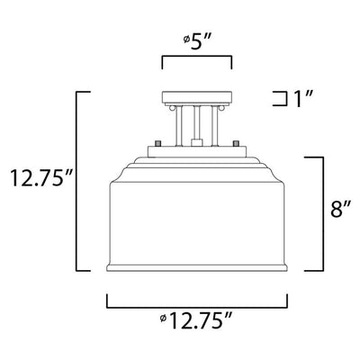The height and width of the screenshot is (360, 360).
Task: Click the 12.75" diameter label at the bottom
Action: click(196, 321)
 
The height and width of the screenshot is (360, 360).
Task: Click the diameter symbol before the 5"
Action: click(186, 39)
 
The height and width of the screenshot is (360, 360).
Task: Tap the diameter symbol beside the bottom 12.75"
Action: click(163, 318)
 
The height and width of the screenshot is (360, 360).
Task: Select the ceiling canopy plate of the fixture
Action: click(197, 96)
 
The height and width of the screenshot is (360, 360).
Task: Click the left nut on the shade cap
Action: click(157, 143)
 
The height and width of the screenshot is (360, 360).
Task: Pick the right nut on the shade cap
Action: click(236, 143)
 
